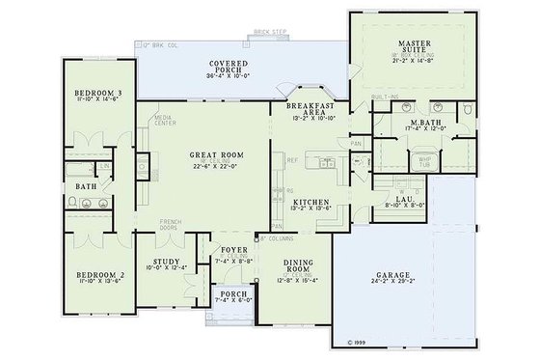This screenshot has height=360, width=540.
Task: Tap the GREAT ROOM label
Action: (218, 154)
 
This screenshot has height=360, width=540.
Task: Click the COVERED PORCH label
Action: (229, 65)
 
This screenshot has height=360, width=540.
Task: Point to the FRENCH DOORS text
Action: (171, 226)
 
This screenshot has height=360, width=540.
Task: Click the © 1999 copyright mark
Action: (353, 341)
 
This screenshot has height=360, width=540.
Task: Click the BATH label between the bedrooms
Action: (87, 186)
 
